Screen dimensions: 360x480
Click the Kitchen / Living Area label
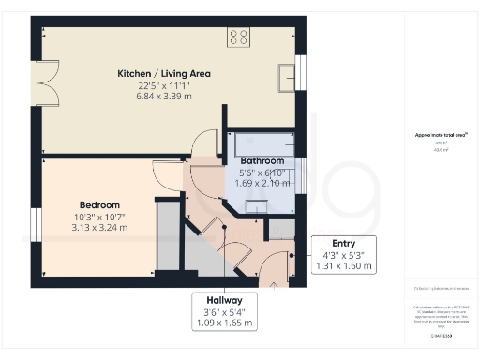point(164,73)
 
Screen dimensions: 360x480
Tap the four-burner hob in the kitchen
point(238,38)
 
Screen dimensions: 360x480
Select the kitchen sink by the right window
point(285,76)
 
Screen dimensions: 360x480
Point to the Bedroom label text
point(98,204)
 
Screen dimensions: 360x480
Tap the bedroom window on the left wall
point(36,222)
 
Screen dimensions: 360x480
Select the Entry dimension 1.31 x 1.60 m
point(344,265)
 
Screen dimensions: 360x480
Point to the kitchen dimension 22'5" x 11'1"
point(164,85)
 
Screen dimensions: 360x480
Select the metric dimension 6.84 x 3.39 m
point(164,97)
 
